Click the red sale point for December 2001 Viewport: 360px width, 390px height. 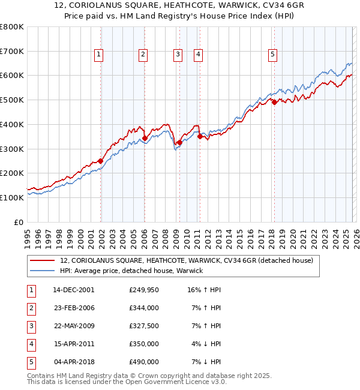point(101,161)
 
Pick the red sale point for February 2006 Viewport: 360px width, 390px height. point(145,138)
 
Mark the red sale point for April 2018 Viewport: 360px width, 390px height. point(274,103)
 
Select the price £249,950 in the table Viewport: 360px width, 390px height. point(144,290)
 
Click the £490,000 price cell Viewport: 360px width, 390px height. point(144,362)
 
